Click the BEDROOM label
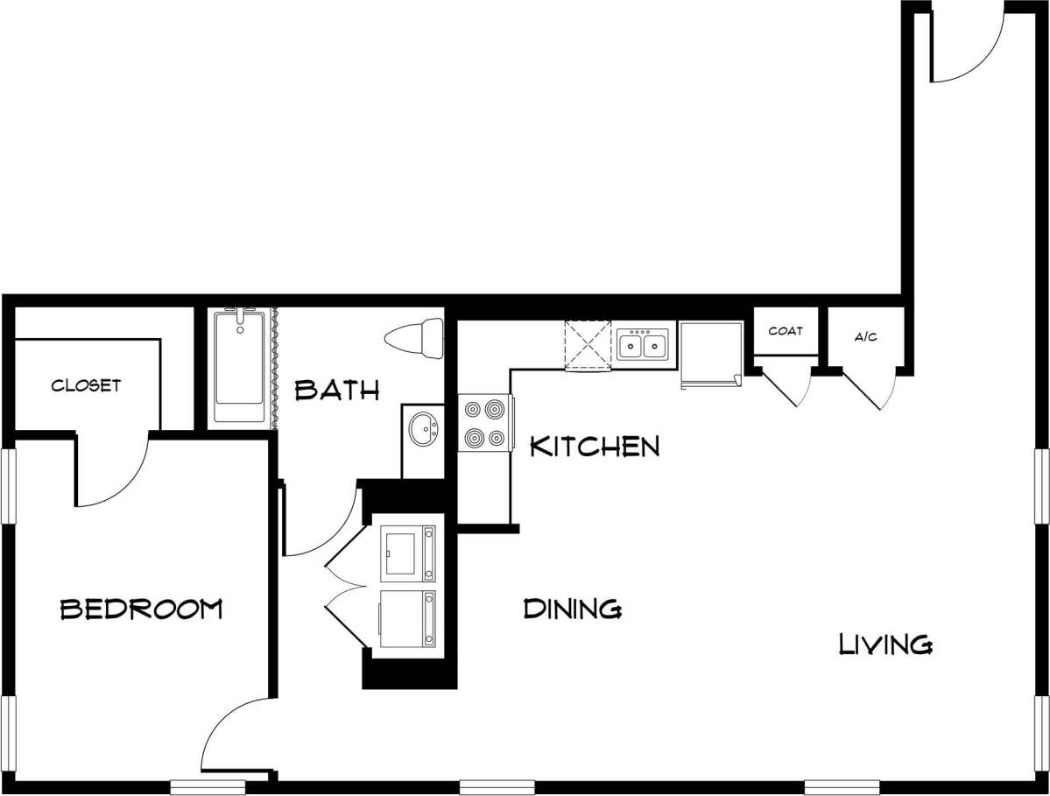140,609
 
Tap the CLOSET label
86,385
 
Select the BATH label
337,390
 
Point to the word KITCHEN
595,447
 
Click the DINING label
573,608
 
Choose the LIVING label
885,645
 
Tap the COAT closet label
786,331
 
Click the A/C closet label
865,337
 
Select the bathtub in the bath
239,366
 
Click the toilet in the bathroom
417,339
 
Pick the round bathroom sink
423,430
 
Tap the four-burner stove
484,423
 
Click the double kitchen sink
644,345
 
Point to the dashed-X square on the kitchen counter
588,345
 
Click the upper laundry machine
407,553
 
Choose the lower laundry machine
407,618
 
